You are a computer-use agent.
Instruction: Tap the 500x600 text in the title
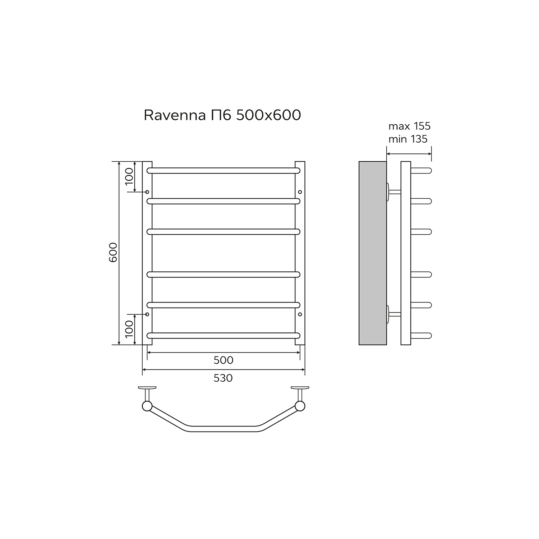click(268, 115)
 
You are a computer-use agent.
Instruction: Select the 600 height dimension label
click(113, 252)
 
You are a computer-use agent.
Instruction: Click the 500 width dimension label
click(224, 360)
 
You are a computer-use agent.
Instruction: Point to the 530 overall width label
click(223, 378)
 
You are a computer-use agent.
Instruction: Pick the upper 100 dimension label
click(129, 176)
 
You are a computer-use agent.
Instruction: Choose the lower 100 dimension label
click(129, 329)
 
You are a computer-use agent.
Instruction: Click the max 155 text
click(409, 126)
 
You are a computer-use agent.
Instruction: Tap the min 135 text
click(408, 139)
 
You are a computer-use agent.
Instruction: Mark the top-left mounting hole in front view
click(147, 192)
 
